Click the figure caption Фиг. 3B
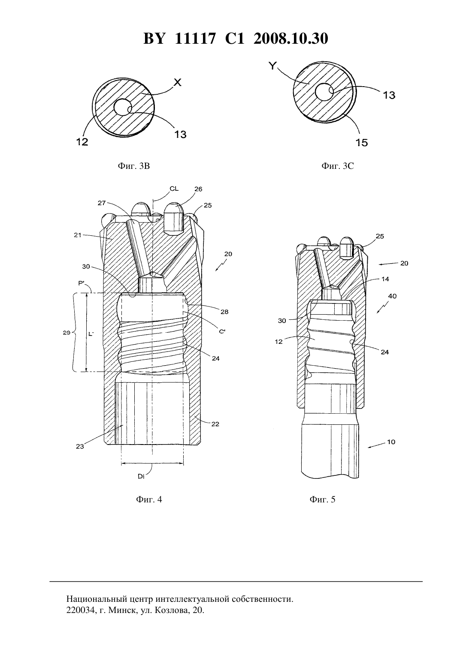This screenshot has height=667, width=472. pyautogui.click(x=134, y=166)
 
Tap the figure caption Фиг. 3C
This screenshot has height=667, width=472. pyautogui.click(x=338, y=166)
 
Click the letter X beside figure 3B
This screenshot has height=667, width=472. pyautogui.click(x=177, y=82)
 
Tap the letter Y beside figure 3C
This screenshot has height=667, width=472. pyautogui.click(x=272, y=66)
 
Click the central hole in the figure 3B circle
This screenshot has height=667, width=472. pyautogui.click(x=122, y=107)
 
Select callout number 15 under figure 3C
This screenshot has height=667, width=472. pyautogui.click(x=362, y=143)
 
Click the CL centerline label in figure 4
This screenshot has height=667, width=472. pyautogui.click(x=174, y=189)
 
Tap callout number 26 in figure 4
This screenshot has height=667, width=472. pyautogui.click(x=198, y=189)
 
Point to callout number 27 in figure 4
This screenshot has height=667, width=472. pyautogui.click(x=102, y=203)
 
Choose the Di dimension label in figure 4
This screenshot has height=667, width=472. pyautogui.click(x=141, y=476)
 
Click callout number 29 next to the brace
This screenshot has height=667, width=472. pyautogui.click(x=67, y=333)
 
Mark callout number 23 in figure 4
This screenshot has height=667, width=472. pyautogui.click(x=80, y=446)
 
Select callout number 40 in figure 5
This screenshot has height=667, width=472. pyautogui.click(x=393, y=296)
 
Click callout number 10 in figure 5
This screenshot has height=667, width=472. pyautogui.click(x=391, y=442)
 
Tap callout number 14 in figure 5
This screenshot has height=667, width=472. pyautogui.click(x=385, y=279)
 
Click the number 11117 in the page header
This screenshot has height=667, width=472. pyautogui.click(x=195, y=39)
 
